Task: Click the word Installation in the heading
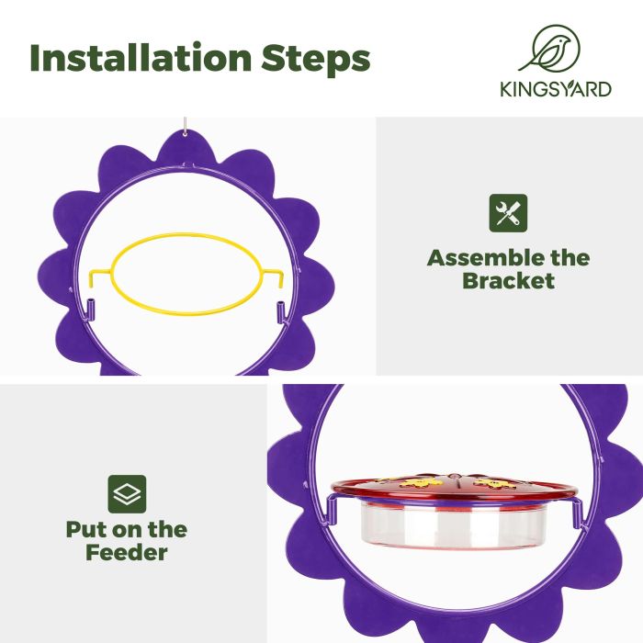[141, 57]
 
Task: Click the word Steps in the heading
[316, 59]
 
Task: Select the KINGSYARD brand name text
[556, 89]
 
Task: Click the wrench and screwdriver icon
[508, 213]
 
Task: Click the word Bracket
[509, 281]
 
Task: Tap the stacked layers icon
[127, 494]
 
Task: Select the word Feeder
[127, 552]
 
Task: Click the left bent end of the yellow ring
[93, 277]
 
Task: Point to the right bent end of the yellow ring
[279, 277]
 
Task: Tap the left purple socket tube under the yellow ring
[91, 310]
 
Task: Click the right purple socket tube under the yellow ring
[280, 310]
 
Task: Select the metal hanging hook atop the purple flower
[185, 127]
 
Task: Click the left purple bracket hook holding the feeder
[330, 510]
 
